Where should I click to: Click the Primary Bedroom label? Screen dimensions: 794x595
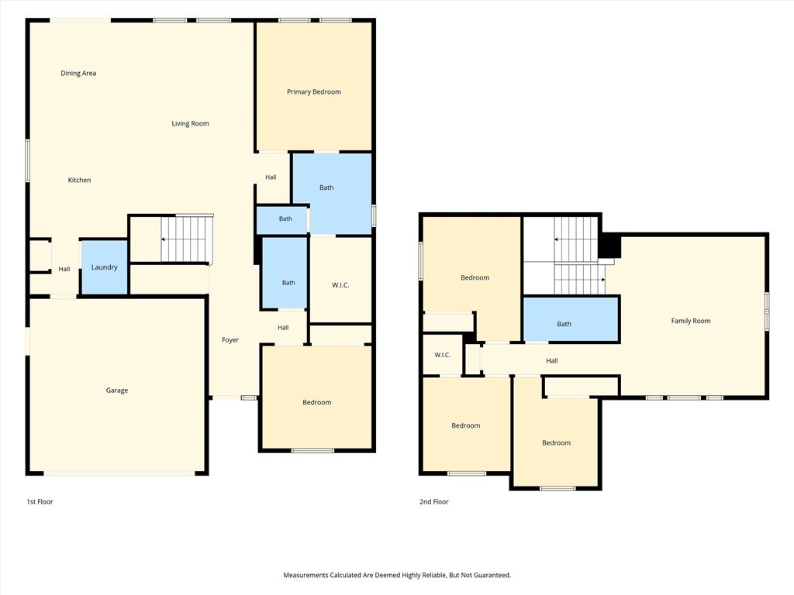coord(314,91)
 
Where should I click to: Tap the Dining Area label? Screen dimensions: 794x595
coord(78,73)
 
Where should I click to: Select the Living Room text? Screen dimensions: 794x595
coord(191,123)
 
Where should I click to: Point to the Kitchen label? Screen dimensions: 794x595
coord(80,180)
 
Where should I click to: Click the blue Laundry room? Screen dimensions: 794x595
coord(105,267)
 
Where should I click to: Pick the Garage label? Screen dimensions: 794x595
coord(117,390)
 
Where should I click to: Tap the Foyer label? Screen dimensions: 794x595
coord(230,340)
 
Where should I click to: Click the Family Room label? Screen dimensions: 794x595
coord(691,321)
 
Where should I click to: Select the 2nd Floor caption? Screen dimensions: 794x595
coord(434,501)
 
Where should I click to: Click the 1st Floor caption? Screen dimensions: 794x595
coord(40,501)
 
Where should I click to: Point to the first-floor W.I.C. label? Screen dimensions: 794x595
coord(340,285)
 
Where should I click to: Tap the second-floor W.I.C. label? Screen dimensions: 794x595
coord(443,355)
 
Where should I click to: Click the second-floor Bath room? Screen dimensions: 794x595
coord(571,319)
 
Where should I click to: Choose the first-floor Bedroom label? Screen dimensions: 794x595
coord(317,402)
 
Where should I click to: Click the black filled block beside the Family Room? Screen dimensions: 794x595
coord(609,246)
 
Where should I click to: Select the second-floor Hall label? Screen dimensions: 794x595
coord(552,361)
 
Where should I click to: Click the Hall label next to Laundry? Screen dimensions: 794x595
coord(64,269)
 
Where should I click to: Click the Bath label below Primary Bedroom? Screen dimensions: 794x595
coord(326,187)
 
